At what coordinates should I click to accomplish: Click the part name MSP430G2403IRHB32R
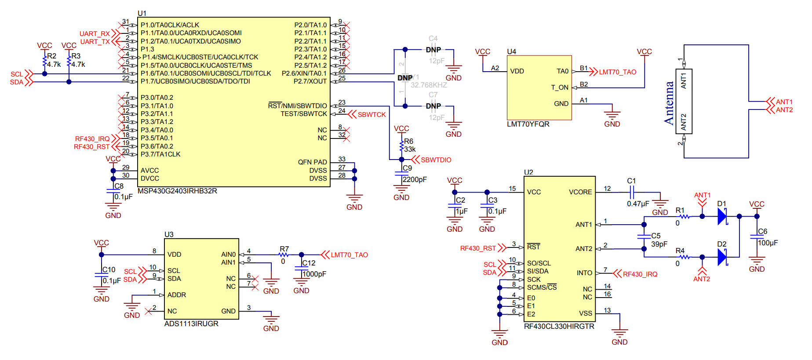coord(177,191)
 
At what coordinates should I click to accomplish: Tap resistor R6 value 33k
coord(410,149)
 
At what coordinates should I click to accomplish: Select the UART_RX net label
coord(95,34)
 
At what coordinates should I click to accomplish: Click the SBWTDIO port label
coord(436,160)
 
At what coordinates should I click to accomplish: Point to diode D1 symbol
coord(722,216)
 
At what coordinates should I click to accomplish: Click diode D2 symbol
coord(722,257)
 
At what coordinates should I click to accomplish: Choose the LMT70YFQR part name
coord(528,124)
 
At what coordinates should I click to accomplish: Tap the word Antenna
coord(669,103)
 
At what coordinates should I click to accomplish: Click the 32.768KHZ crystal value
coord(429,85)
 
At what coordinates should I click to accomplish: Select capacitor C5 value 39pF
coord(659,244)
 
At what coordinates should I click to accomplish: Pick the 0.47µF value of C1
coord(638,204)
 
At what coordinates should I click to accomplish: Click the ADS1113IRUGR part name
coord(191,324)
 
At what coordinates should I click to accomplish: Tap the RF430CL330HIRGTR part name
coord(559,327)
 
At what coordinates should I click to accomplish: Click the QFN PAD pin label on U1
coord(312,162)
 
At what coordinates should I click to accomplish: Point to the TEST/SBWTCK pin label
coord(304,114)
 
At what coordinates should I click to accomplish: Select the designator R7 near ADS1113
coord(284,249)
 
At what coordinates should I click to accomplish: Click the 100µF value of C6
coord(768,243)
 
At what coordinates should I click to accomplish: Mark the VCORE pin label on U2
coord(580,192)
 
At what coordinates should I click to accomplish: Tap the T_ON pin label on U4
coord(560,87)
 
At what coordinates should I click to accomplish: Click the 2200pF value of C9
coord(415,180)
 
